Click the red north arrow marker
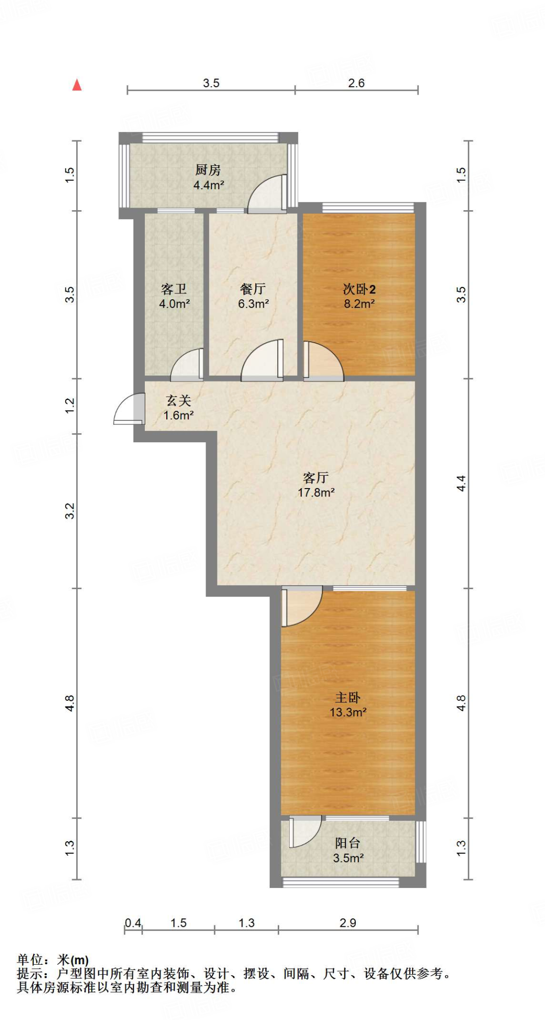[77, 85]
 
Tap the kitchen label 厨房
[208, 170]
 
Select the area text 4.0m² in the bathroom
[174, 304]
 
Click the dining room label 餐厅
[252, 289]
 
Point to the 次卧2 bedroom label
[359, 289]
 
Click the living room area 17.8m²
[316, 493]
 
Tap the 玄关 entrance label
[178, 400]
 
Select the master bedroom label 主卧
[347, 697]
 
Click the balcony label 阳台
[347, 843]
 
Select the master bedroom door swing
[301, 607]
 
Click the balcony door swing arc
[304, 831]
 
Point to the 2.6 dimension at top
[356, 83]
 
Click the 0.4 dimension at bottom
[132, 923]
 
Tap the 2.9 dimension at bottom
[347, 923]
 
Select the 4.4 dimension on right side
[461, 483]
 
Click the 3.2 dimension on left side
[70, 510]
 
